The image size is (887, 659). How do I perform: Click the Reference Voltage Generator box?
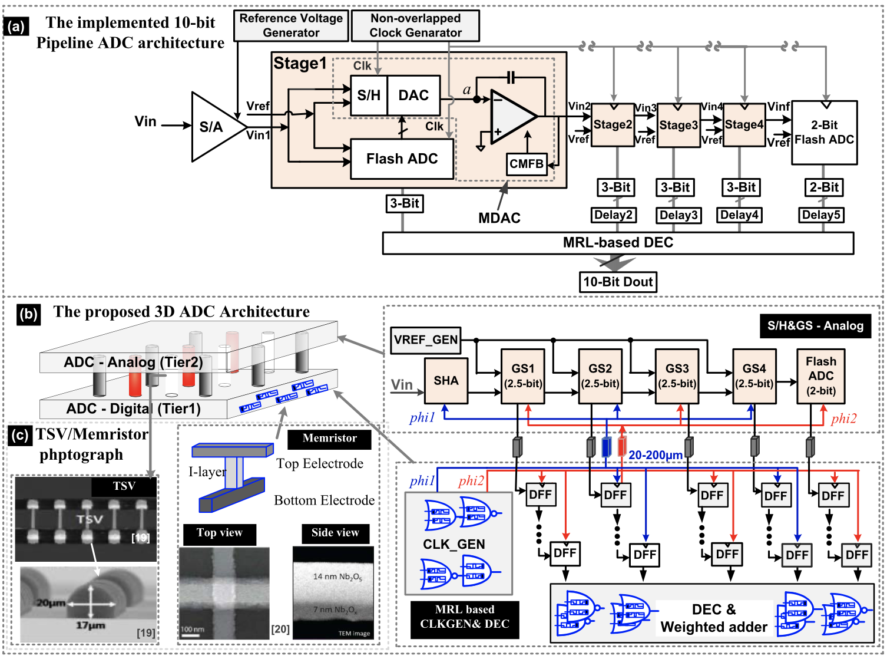coord(291,25)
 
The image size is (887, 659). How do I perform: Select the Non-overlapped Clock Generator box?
coord(415,25)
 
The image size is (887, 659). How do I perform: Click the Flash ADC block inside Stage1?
coord(402,159)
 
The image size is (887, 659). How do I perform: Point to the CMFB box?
coord(526,164)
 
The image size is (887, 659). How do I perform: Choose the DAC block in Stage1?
coord(413,95)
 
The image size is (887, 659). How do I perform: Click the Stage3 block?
coord(678,125)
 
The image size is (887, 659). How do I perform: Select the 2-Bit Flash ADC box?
coord(824,133)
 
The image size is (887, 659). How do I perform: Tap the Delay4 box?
coord(739,215)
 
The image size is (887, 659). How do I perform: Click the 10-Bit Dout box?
coord(618,282)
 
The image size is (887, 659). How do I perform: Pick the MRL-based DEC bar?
coord(618,243)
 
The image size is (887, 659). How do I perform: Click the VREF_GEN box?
coord(425,340)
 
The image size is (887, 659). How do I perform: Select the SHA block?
coord(446,381)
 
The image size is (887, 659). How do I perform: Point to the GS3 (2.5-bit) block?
coord(677,376)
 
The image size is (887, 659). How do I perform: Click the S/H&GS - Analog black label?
coord(815,326)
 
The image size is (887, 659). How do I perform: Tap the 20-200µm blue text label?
coord(656,455)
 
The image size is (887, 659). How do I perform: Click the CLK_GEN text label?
coord(454,544)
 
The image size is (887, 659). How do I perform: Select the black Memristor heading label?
coord(329,439)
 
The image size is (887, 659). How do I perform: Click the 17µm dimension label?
coord(90,625)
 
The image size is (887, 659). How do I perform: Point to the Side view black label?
coord(335,533)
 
